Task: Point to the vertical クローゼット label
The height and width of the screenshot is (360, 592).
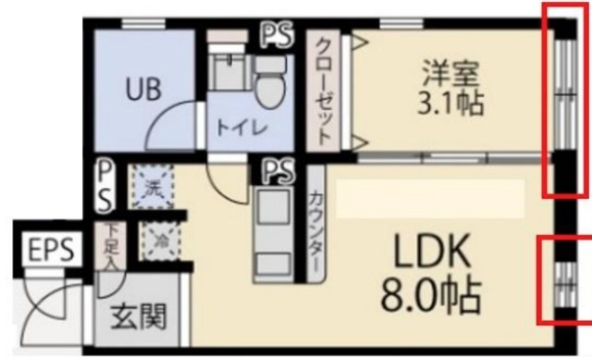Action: (325, 92)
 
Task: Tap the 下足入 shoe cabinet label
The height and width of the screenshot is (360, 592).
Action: (110, 244)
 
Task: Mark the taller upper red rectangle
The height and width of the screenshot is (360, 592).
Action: (562, 99)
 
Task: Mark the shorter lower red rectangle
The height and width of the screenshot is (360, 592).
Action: (563, 282)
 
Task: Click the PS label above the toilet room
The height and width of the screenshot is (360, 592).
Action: (274, 35)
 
